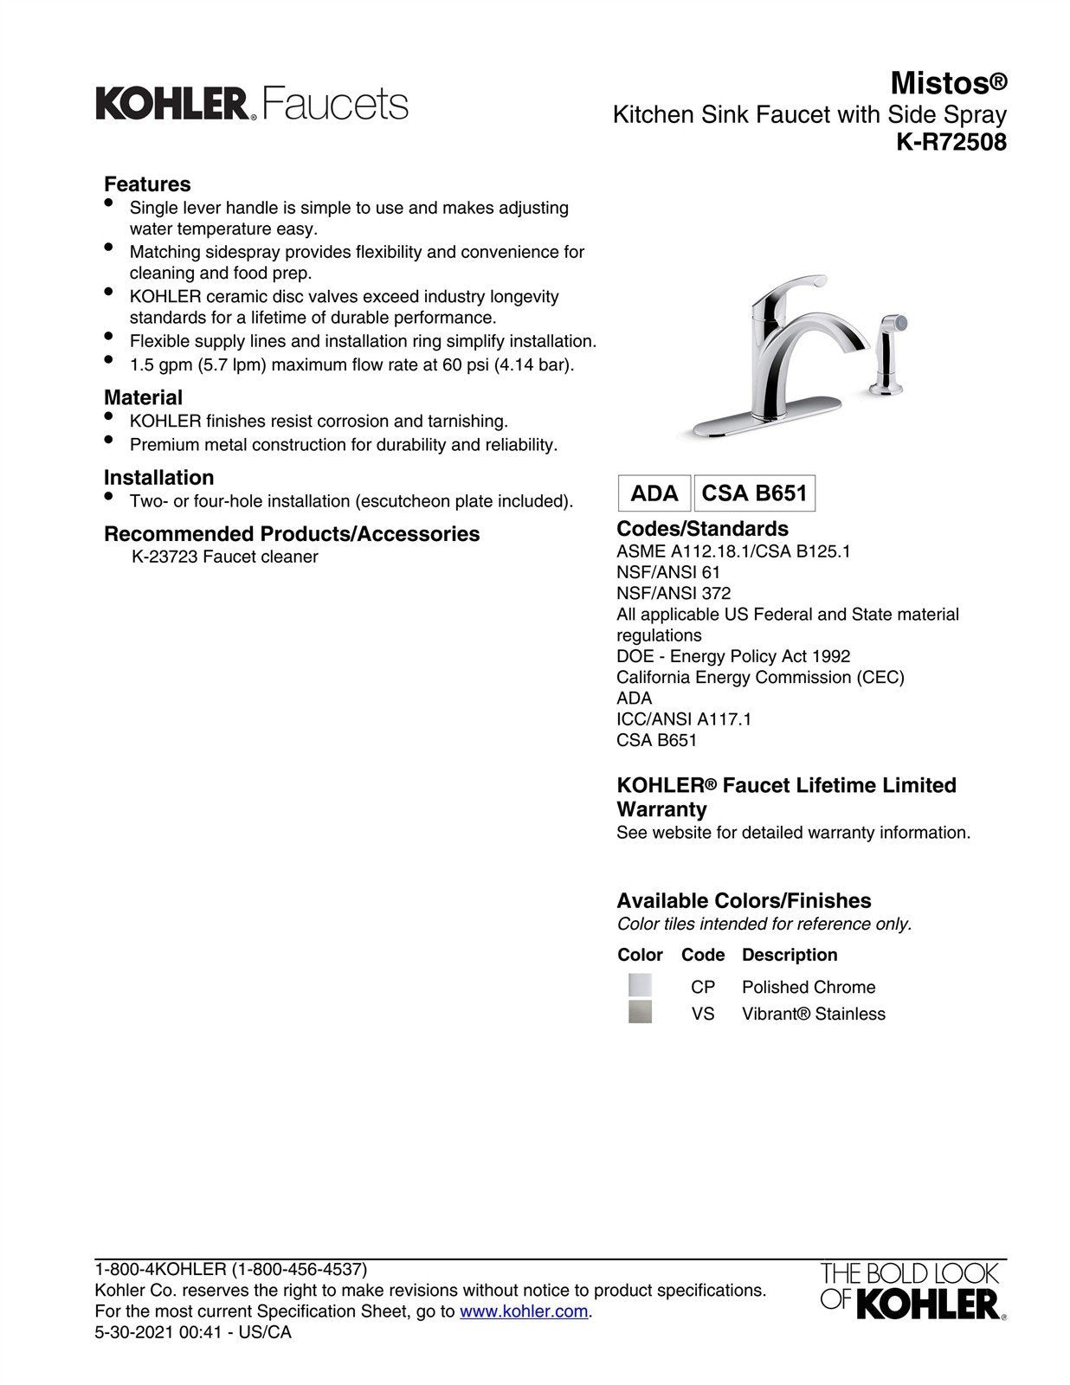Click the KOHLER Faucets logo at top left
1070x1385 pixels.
251,104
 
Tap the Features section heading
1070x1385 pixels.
147,184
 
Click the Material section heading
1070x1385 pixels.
143,398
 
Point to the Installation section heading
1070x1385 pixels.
158,478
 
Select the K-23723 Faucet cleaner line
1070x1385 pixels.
224,557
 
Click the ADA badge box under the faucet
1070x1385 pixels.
654,493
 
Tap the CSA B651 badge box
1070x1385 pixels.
754,493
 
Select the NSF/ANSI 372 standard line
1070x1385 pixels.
674,594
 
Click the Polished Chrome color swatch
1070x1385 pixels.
640,986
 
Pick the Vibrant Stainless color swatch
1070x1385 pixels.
640,1012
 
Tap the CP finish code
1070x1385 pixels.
703,988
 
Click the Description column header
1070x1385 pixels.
790,956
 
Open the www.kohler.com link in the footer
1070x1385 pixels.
524,1311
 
